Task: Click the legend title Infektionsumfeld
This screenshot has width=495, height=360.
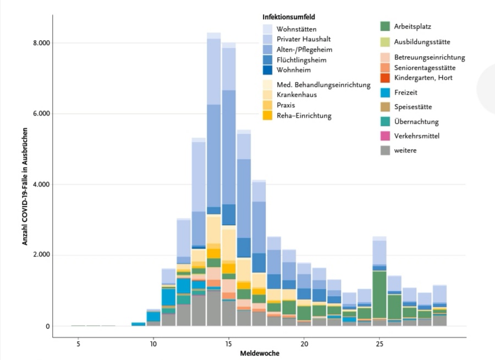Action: [x=288, y=17]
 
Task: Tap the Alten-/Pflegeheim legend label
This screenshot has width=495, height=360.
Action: [x=305, y=50]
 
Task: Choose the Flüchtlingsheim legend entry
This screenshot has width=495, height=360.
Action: [x=301, y=59]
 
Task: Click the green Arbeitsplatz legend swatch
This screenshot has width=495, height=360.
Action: [x=385, y=26]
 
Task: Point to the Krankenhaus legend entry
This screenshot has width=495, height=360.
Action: [x=296, y=95]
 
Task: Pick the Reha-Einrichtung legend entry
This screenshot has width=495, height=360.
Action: [x=304, y=116]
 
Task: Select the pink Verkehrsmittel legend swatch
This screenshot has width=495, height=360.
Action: [x=385, y=135]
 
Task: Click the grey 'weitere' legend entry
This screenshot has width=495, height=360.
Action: [x=405, y=150]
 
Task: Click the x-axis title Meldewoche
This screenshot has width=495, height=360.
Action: [x=259, y=353]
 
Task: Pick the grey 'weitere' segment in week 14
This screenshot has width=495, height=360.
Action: [x=214, y=308]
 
